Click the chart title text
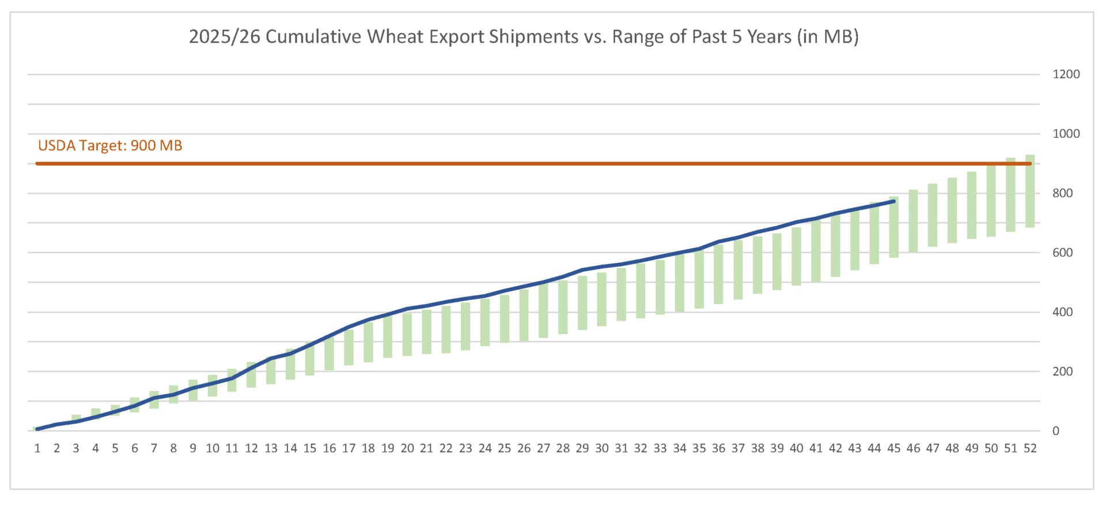[x=523, y=37]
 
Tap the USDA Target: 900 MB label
[x=110, y=146]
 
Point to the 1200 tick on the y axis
[x=1066, y=74]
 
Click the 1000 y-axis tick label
[x=1066, y=134]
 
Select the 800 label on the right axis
[x=1062, y=193]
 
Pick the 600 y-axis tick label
[x=1062, y=253]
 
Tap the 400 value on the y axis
[x=1062, y=312]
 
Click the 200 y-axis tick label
[x=1062, y=371]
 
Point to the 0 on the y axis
[x=1055, y=431]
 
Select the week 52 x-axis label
[x=1030, y=449]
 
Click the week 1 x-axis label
[x=37, y=449]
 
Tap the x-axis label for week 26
[x=524, y=449]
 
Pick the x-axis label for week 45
[x=893, y=449]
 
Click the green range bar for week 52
[x=1030, y=191]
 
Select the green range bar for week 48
[x=952, y=211]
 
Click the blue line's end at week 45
[x=893, y=202]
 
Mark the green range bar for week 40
[x=796, y=256]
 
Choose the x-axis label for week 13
[x=271, y=449]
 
